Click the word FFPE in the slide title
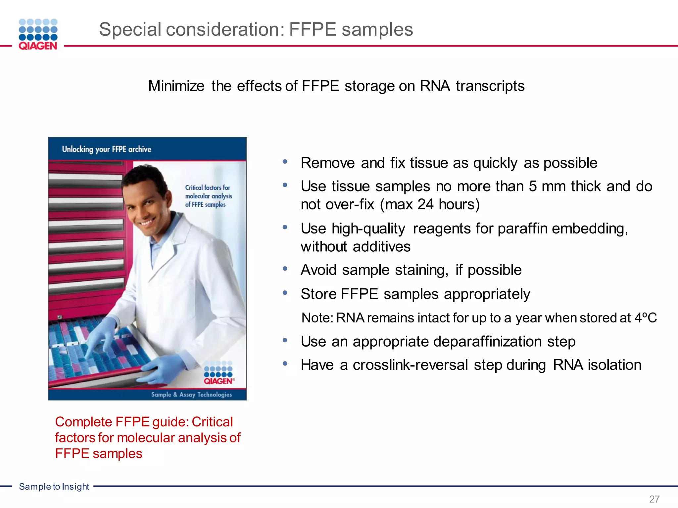pyautogui.click(x=312, y=29)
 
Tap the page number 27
pyautogui.click(x=654, y=499)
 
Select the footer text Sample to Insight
pyautogui.click(x=54, y=487)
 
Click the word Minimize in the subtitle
pyautogui.click(x=176, y=86)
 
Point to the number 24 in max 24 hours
pyautogui.click(x=425, y=204)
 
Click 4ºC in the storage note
pyautogui.click(x=645, y=318)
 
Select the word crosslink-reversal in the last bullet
pyautogui.click(x=410, y=365)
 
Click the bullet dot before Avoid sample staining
pyautogui.click(x=285, y=269)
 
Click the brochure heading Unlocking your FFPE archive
pyautogui.click(x=107, y=149)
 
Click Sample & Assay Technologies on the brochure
pyautogui.click(x=191, y=395)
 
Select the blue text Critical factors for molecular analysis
pyautogui.click(x=208, y=196)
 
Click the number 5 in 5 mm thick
pyautogui.click(x=532, y=187)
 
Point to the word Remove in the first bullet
pyautogui.click(x=327, y=163)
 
